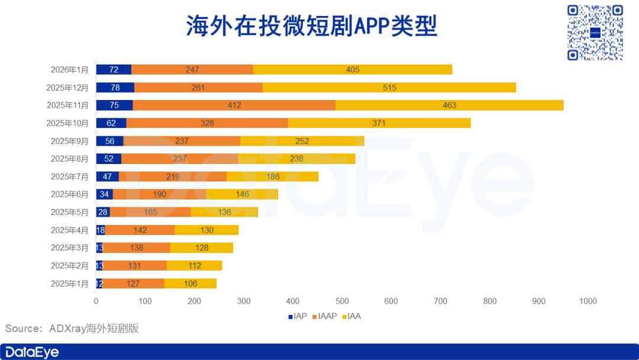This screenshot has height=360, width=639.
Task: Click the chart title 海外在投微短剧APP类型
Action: [311, 26]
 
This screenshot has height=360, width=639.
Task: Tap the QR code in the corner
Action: [595, 33]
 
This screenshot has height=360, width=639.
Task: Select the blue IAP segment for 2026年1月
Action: [114, 70]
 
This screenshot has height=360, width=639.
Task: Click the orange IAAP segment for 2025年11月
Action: [234, 105]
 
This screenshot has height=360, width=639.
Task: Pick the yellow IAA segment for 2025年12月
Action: [389, 88]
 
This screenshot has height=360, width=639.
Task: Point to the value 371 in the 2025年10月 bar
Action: [379, 123]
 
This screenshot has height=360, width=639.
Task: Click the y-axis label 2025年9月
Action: [69, 141]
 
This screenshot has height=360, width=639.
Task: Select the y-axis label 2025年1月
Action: [69, 283]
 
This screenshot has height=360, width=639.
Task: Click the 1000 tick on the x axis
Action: [588, 301]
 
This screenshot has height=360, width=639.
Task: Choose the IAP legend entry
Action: [298, 316]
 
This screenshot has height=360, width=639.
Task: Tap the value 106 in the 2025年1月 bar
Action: [191, 284]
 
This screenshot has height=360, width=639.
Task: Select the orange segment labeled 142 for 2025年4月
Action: [140, 230]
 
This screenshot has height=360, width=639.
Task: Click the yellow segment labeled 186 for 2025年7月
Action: [272, 176]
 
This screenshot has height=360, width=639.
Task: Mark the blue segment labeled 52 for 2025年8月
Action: [109, 159]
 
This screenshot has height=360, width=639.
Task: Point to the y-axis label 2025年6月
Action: [69, 194]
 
